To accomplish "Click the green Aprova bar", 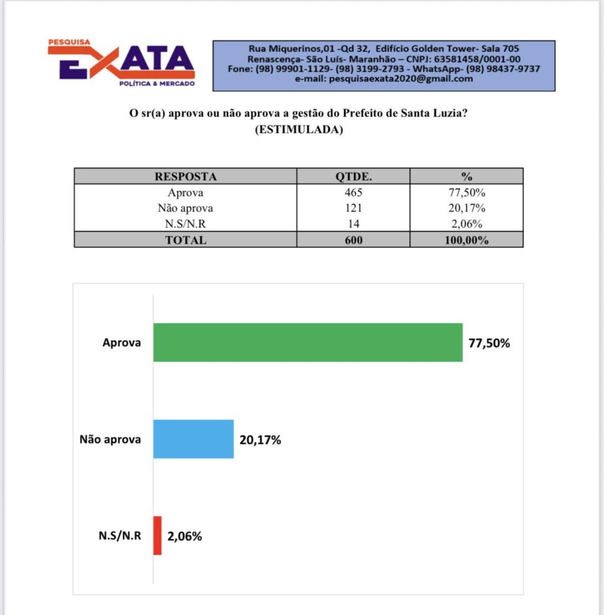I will pos(308,342).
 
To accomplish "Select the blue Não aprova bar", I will pos(193,439).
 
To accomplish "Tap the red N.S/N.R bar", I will pos(157,535).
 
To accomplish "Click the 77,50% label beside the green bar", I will pos(489,344).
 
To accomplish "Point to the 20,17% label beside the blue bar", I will pos(260,440).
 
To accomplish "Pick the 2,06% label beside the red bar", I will pos(185,536).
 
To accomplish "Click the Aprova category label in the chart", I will pos(121,343).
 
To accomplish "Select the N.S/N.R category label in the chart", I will pos(120,536).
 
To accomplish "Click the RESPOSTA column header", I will pos(186,177).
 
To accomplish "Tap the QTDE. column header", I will pos(353,177).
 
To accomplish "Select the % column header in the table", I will pos(466,177).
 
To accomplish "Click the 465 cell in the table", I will pos(353,193).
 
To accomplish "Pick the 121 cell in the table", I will pos(353,208).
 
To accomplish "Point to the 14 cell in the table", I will pos(353,224).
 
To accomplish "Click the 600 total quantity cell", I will pos(353,240).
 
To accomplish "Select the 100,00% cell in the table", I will pos(466,240).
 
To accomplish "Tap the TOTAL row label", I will pos(186,240).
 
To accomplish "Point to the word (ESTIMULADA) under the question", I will pos(299,130).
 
